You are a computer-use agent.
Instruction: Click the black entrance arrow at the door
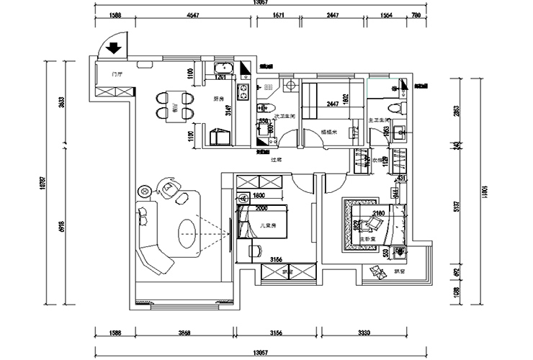pos(113,50)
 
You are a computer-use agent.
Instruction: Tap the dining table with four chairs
pos(174,104)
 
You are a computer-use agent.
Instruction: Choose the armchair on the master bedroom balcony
pos(376,271)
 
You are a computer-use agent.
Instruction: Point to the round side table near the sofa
pos(144,191)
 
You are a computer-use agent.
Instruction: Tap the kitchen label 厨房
pos(218,100)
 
